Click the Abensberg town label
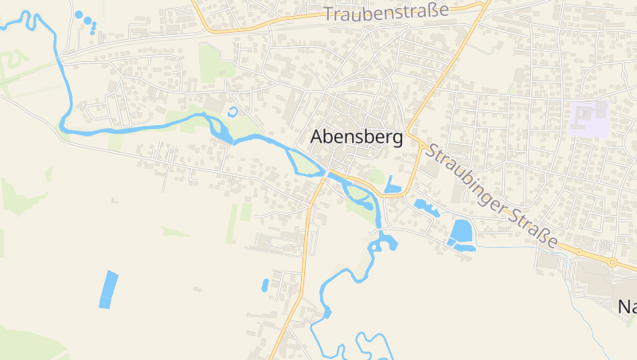tap(356, 137)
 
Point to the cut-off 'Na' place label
tap(627, 306)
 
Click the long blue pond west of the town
tap(107, 289)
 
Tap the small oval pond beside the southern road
tap(264, 284)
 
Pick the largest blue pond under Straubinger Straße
tap(460, 231)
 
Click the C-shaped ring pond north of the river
tap(232, 112)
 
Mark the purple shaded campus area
tap(589, 118)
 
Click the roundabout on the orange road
tap(612, 261)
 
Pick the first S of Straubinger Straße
tap(431, 149)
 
